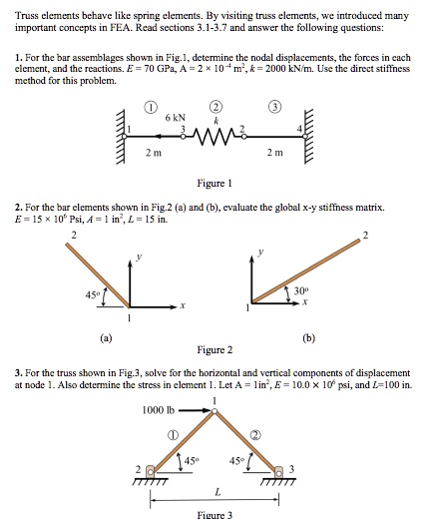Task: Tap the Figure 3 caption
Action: click(215, 513)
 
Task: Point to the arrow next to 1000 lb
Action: click(194, 409)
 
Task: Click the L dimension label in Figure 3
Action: click(215, 491)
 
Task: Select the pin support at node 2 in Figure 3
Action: click(151, 469)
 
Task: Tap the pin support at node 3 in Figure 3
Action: click(281, 469)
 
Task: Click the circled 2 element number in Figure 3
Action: click(255, 434)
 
